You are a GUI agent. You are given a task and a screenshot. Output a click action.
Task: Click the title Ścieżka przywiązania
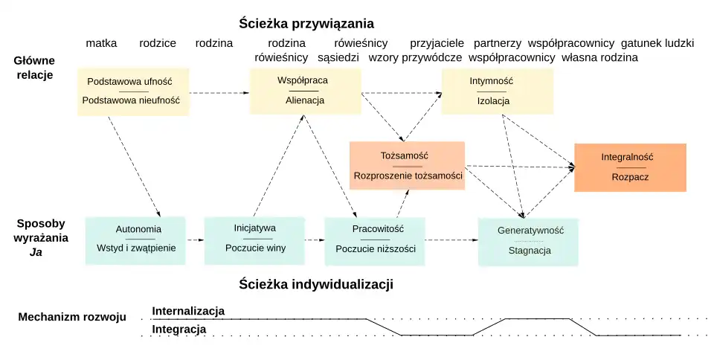click(x=306, y=23)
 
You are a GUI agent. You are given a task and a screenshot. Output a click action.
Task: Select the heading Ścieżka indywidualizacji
click(x=316, y=284)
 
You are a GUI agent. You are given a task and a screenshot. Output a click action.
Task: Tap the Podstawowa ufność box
click(x=133, y=91)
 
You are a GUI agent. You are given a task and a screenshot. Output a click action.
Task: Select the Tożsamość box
click(x=408, y=165)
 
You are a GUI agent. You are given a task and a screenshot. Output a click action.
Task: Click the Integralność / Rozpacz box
click(x=630, y=167)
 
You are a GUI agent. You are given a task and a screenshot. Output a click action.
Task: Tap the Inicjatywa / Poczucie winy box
click(x=254, y=240)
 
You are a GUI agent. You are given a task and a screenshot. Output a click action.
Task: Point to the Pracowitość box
click(x=374, y=240)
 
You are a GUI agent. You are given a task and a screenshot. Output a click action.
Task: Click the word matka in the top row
click(x=101, y=43)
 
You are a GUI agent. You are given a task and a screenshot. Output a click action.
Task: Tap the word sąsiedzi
click(x=338, y=57)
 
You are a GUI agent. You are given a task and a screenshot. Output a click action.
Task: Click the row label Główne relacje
click(x=33, y=67)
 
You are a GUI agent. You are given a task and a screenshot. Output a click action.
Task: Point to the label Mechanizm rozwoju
click(x=71, y=317)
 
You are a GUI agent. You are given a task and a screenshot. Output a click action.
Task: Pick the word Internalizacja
click(x=188, y=311)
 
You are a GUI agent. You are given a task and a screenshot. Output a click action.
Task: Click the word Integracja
click(x=178, y=329)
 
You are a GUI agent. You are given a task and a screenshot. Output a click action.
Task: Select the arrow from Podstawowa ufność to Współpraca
click(x=219, y=93)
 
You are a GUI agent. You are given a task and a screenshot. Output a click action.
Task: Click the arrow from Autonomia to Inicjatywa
click(x=195, y=240)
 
